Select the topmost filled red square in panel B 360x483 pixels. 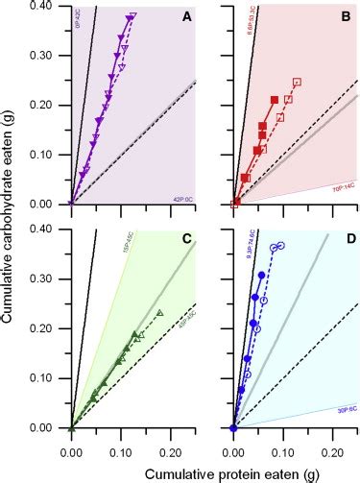(276, 100)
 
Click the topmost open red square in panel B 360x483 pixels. (297, 82)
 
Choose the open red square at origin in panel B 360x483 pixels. (236, 204)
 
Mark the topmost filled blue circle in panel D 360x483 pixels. (261, 276)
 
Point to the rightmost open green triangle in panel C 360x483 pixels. (160, 312)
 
